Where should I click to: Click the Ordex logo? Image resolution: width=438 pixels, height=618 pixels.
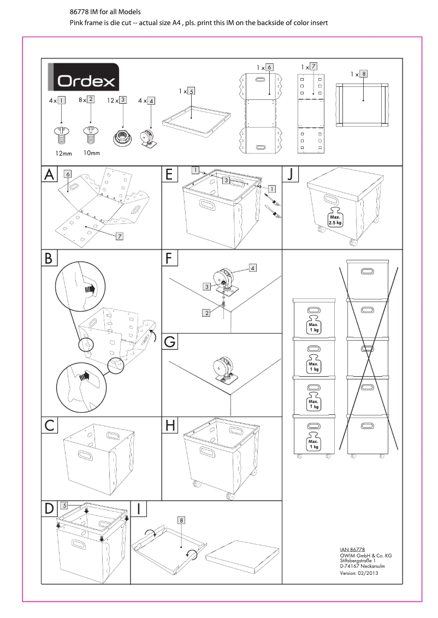[84, 80]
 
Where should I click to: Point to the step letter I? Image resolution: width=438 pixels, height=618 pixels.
[140, 509]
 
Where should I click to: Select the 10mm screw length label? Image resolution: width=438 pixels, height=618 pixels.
[92, 153]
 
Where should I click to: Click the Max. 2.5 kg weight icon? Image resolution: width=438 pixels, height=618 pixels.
[335, 218]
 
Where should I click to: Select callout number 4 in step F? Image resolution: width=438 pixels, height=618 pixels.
[253, 268]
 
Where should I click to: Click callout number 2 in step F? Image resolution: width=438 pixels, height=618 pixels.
[206, 313]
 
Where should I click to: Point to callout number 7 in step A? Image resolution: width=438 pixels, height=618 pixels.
[119, 235]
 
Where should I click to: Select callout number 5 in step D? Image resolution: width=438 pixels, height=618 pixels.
[64, 506]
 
